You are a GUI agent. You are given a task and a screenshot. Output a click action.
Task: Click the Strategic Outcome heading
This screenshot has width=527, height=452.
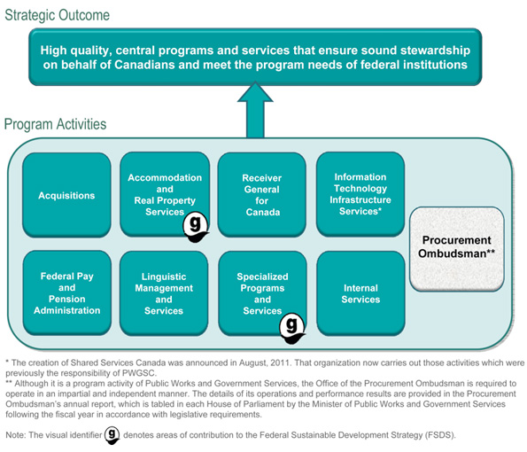(x=58, y=14)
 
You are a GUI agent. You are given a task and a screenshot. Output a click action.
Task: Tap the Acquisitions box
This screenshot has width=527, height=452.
(x=66, y=195)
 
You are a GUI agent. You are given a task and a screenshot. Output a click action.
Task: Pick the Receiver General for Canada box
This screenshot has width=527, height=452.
(x=261, y=195)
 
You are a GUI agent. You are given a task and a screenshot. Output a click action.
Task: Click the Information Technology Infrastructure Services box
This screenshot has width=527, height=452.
(x=360, y=195)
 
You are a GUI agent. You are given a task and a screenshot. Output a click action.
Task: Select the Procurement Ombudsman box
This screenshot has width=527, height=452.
(x=456, y=247)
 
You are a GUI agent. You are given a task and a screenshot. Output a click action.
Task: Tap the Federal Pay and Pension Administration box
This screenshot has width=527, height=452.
(x=66, y=293)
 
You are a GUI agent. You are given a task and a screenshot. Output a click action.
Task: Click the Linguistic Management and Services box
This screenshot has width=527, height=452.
(x=164, y=293)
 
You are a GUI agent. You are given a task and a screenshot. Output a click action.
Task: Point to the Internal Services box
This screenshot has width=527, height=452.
(x=360, y=293)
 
